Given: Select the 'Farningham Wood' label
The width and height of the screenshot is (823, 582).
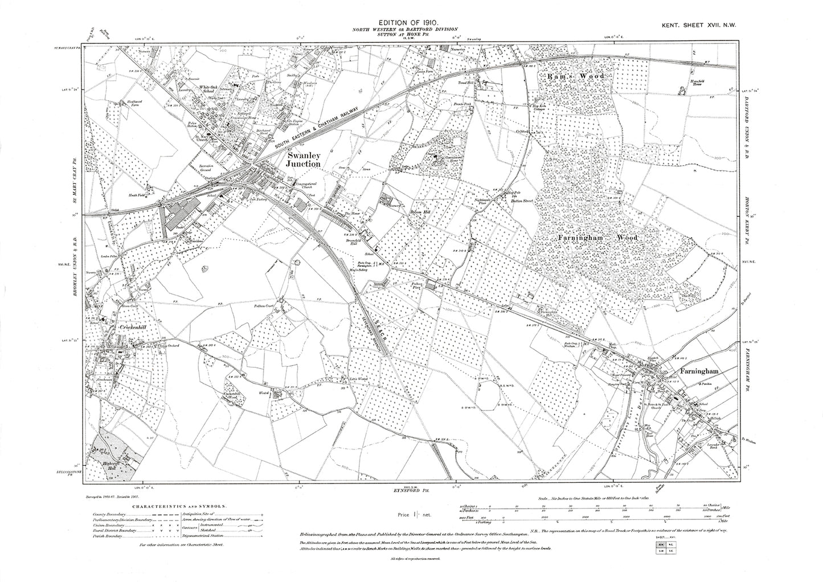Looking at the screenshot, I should (x=593, y=237).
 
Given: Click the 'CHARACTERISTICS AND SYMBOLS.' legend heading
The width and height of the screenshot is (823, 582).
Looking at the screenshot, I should (x=180, y=506).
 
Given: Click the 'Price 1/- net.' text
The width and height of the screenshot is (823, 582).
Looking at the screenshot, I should (x=415, y=514).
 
